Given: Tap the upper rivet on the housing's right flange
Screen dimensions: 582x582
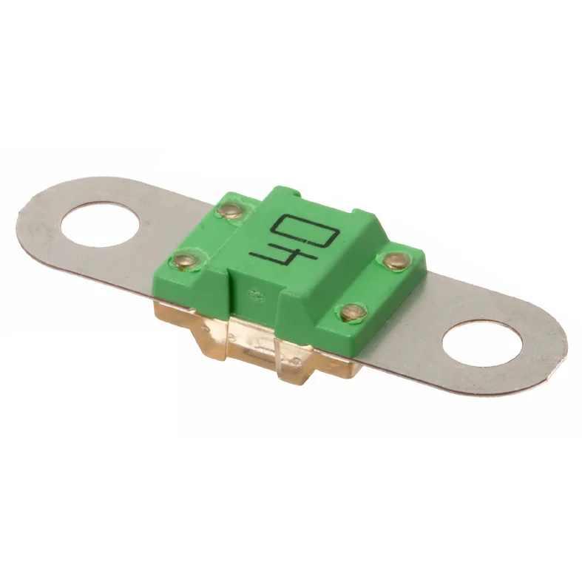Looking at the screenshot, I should tap(393, 260).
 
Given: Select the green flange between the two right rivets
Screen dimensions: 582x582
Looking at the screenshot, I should tap(373, 286).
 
